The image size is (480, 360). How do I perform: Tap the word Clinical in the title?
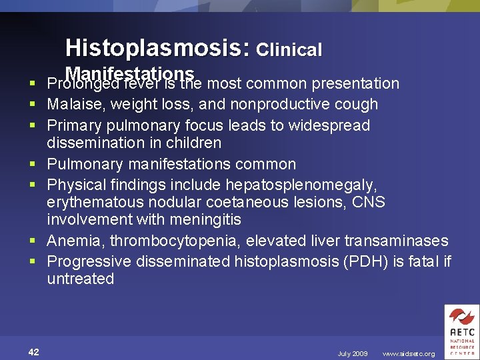289,49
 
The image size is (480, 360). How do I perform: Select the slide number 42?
33,353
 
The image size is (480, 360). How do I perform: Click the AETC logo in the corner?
461,331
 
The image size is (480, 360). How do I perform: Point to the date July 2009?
353,354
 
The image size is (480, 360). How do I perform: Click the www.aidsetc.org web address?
409,354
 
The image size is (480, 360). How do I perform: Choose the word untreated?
80,279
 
